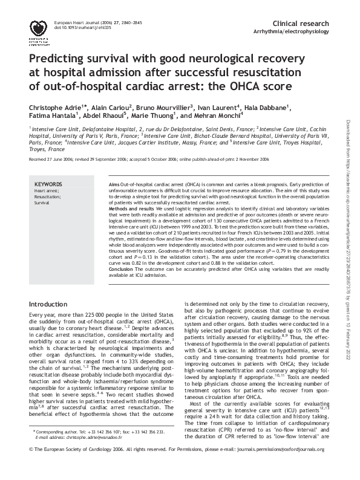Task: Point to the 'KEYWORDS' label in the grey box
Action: pyautogui.click(x=48, y=184)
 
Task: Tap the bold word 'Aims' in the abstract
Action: pyautogui.click(x=114, y=183)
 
